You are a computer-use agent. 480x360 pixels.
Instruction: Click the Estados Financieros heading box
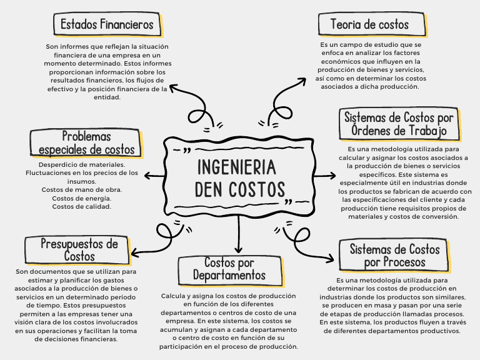point(107,25)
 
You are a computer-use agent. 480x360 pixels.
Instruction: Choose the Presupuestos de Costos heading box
point(79,249)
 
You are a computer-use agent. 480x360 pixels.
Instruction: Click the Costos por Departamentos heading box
point(229,269)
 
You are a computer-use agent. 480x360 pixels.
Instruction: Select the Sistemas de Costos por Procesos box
point(394,256)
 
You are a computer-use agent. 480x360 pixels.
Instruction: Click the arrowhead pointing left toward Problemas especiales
point(147,177)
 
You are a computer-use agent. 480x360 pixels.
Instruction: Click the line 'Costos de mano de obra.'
point(82,189)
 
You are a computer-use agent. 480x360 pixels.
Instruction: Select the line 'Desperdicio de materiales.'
point(82,164)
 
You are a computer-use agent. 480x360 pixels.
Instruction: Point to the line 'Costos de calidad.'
point(82,207)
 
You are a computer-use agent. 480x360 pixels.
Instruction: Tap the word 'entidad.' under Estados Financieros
point(107,97)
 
